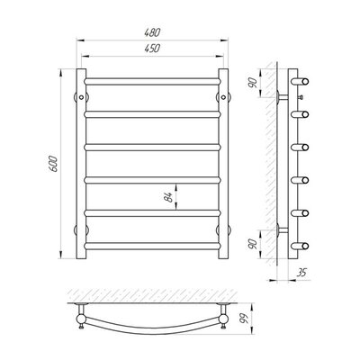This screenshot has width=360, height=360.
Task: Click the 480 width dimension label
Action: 153,32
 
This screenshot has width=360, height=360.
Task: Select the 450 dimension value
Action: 153,49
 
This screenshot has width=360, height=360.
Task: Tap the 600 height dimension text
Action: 53,164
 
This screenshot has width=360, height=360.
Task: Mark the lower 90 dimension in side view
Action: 253,244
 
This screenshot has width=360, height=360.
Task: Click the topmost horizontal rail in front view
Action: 152,81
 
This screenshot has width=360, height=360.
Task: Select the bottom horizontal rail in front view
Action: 152,246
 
